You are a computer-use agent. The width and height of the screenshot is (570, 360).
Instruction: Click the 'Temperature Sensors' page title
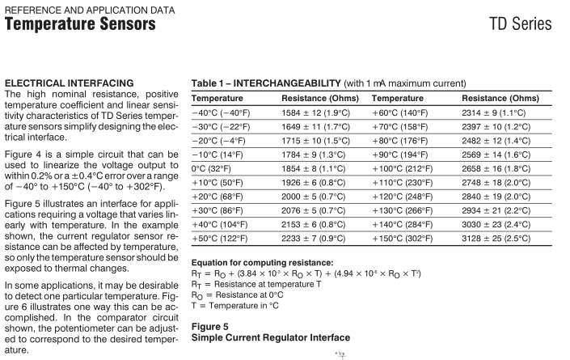click(80, 24)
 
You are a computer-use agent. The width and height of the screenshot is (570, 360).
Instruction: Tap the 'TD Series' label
click(521, 23)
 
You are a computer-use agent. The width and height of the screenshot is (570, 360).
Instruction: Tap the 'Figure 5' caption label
click(210, 326)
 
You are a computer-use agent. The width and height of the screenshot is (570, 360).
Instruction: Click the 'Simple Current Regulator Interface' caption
click(271, 337)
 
